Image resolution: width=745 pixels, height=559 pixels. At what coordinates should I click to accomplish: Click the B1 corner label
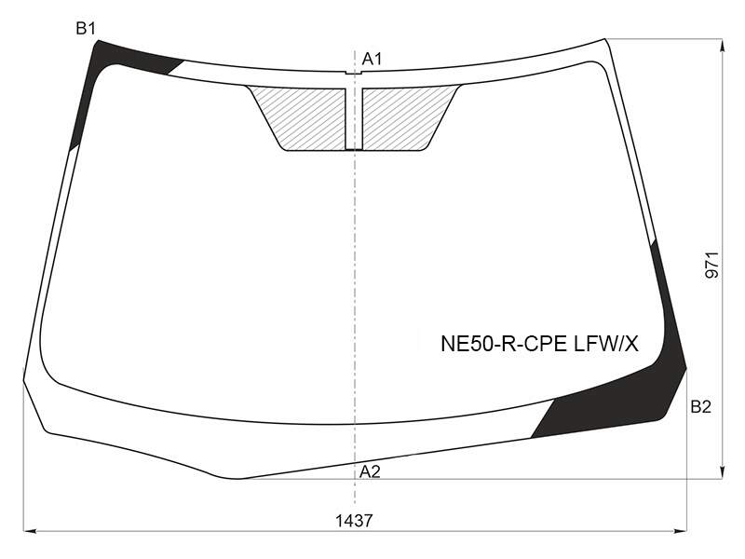point(86,29)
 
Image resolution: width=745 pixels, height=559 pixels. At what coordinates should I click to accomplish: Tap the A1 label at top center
point(372,59)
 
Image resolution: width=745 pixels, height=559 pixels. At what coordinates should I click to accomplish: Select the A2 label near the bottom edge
point(370,471)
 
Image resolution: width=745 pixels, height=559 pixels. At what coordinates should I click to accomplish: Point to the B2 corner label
point(700,407)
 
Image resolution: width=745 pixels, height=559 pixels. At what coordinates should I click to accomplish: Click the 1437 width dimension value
point(354,521)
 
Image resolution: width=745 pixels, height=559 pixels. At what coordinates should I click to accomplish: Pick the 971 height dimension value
point(712,265)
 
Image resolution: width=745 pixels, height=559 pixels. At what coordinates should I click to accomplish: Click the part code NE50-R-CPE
point(504,344)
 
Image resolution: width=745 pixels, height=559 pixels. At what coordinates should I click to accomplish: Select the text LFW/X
point(606,344)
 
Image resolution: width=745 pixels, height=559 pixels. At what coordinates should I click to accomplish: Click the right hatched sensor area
point(404,118)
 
